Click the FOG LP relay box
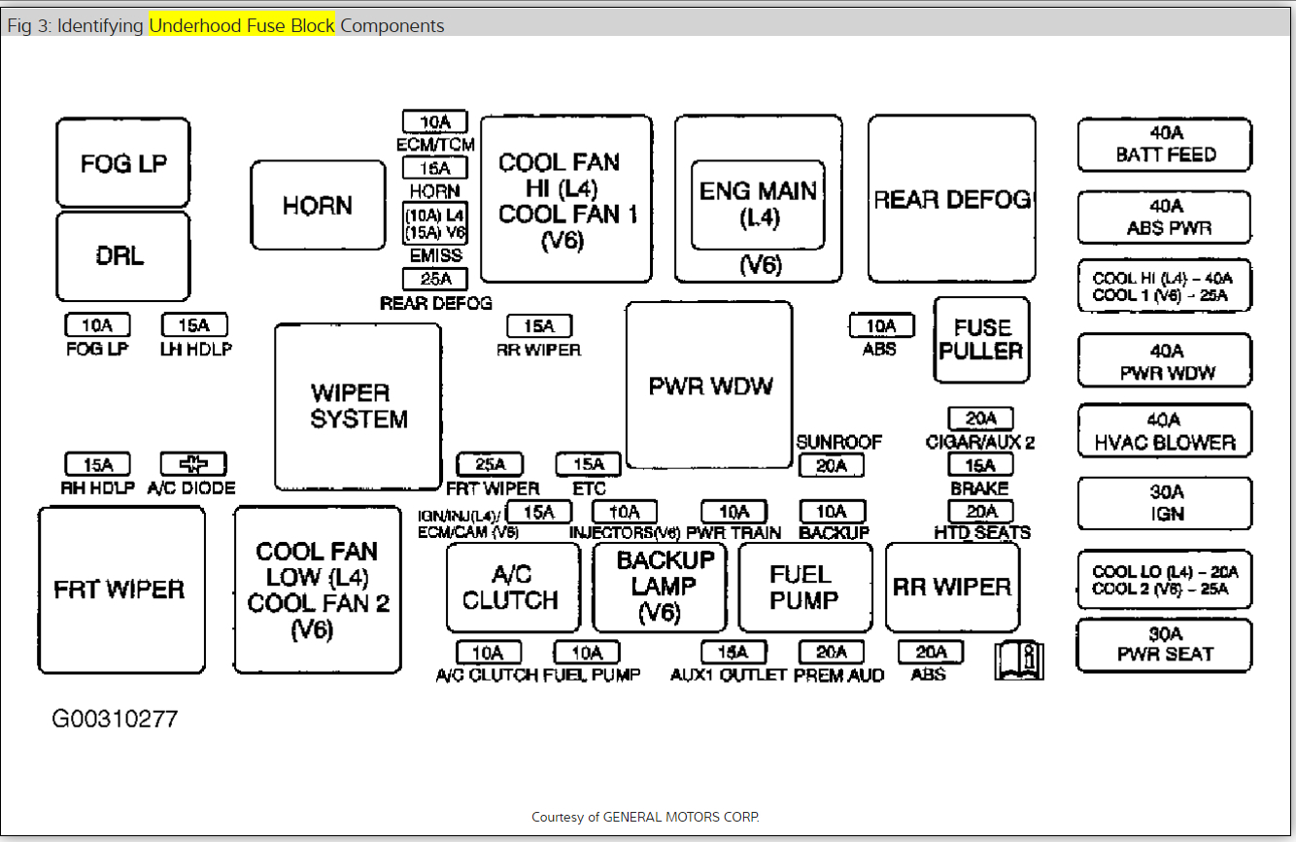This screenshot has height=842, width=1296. [122, 162]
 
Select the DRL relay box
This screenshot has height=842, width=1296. [122, 255]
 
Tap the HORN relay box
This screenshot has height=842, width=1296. [318, 205]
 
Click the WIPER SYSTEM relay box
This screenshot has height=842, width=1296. [358, 406]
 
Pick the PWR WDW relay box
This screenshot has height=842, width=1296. [709, 385]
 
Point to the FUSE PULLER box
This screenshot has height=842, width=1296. [981, 339]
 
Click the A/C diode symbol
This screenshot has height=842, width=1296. [193, 464]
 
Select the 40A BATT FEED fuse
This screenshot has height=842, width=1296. [1164, 144]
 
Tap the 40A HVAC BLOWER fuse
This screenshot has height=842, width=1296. [1164, 431]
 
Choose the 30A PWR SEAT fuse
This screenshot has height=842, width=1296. [1164, 645]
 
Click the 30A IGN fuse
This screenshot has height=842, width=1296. [1164, 503]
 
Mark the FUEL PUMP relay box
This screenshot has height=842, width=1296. [804, 588]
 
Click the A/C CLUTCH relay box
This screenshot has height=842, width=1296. [512, 588]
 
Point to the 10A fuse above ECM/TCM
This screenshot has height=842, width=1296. [435, 121]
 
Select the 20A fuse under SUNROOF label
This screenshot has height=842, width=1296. [832, 465]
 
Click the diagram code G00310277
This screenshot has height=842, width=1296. [115, 720]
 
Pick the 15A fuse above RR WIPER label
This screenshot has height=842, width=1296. [539, 326]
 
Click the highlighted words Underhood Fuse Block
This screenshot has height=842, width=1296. [242, 25]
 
